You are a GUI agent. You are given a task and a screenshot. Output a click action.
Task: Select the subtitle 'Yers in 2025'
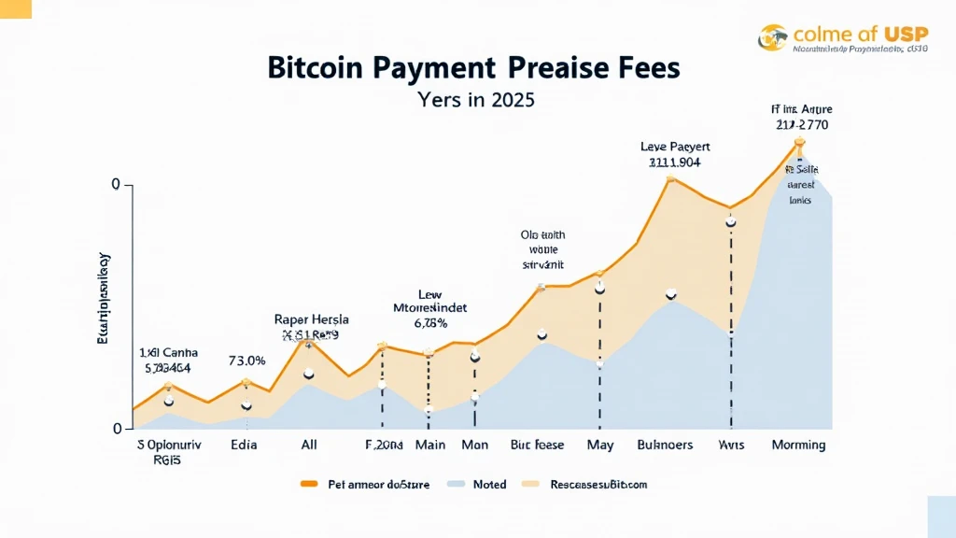(476, 100)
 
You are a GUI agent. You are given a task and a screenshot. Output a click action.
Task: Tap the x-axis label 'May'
(599, 445)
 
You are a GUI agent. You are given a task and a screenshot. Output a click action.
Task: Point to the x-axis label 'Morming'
(798, 445)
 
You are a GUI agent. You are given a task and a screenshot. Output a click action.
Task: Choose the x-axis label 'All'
(309, 445)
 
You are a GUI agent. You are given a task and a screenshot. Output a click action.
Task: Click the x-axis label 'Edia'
(244, 445)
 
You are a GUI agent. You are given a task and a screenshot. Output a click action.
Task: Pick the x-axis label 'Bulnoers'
(665, 445)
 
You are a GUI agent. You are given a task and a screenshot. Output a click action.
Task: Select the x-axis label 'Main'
(430, 445)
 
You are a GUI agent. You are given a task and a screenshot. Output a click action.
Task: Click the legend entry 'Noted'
(489, 484)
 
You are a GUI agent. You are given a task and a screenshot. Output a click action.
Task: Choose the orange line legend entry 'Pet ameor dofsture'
(372, 484)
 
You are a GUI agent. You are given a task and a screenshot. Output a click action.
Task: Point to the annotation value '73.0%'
(247, 361)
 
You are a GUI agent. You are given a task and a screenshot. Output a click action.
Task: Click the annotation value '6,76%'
(430, 323)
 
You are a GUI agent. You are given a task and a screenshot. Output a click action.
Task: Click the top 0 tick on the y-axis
(116, 185)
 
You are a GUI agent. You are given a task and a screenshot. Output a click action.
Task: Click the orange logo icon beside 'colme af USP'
(773, 37)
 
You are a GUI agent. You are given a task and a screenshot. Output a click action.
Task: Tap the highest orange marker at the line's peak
(799, 142)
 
